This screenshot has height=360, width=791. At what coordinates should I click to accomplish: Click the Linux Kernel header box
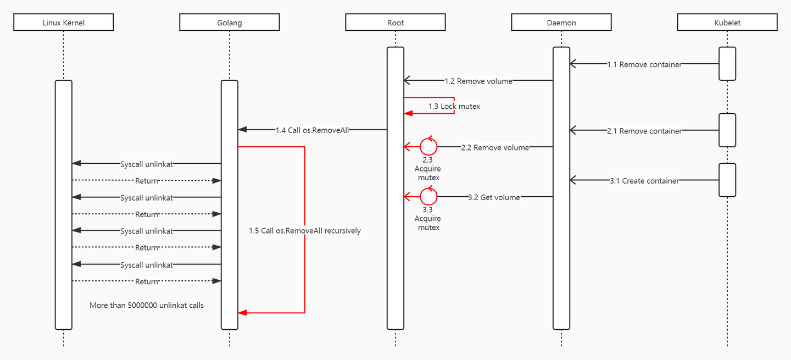(64, 23)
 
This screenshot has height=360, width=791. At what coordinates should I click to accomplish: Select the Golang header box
(230, 23)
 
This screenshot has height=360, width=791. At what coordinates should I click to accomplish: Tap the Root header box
(396, 23)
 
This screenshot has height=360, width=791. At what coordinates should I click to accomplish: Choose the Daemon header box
(561, 23)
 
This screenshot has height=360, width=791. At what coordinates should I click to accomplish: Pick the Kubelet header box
(727, 23)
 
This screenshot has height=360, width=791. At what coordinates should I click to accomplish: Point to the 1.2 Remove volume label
(478, 81)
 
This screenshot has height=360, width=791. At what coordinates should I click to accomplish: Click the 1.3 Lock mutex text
(454, 106)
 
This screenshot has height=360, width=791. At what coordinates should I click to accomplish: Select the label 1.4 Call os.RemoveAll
(313, 130)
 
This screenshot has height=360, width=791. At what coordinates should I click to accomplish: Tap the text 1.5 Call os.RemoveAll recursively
(305, 231)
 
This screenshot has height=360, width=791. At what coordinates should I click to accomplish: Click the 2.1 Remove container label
(644, 131)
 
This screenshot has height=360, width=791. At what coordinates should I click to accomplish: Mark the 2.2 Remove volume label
(495, 147)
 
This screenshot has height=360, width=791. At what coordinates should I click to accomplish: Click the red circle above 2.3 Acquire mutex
(428, 147)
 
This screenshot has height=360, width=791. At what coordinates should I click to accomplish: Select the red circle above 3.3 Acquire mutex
(428, 196)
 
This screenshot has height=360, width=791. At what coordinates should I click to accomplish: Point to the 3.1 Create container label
(644, 180)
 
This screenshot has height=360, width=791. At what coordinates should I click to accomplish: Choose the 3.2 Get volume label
(494, 197)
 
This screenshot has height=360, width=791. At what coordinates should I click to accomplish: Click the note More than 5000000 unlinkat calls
(147, 305)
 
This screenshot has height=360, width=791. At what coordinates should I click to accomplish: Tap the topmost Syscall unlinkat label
(147, 164)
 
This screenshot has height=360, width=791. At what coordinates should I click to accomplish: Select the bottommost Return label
(147, 281)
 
